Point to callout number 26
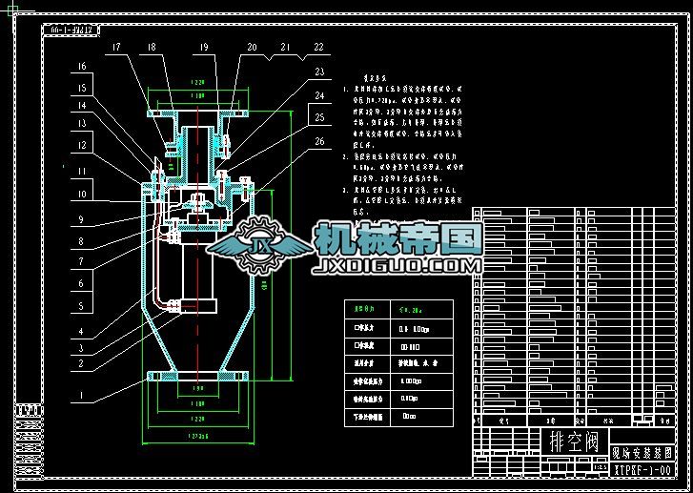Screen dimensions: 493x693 (x=317, y=142)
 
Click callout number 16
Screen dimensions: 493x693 (x=82, y=66)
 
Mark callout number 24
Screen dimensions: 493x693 (x=317, y=95)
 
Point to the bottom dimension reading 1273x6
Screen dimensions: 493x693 (x=198, y=436)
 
